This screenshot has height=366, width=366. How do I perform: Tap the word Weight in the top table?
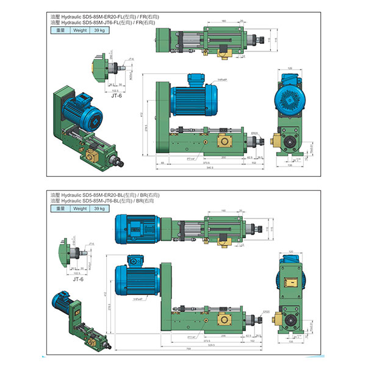pos(81,28)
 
